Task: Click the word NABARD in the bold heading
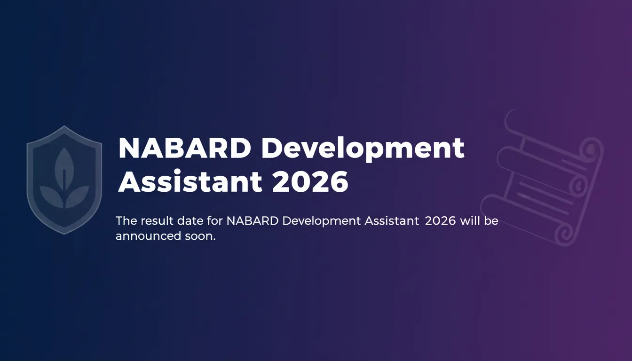click(184, 148)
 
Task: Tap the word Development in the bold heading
click(363, 149)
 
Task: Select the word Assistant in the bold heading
click(190, 181)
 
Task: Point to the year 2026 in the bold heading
click(310, 181)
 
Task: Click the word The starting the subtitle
click(126, 220)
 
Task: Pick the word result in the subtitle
click(157, 220)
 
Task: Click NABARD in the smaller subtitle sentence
click(253, 220)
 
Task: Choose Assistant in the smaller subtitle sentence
click(392, 220)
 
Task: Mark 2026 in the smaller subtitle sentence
click(440, 221)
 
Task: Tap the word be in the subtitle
click(491, 220)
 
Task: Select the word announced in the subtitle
click(148, 236)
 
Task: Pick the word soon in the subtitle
click(200, 236)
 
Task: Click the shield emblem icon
click(64, 180)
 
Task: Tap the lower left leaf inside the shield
click(51, 196)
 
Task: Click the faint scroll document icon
click(542, 178)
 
